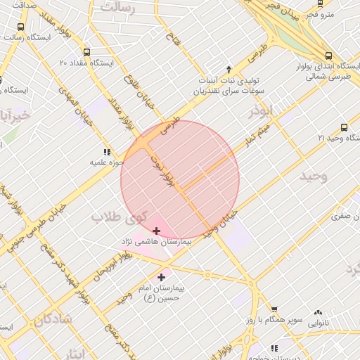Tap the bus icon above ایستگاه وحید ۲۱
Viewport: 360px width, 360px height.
(344, 127)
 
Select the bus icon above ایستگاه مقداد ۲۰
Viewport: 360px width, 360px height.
(86, 52)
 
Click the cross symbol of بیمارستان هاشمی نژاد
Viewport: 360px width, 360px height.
(155, 231)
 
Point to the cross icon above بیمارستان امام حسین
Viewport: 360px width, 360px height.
(162, 277)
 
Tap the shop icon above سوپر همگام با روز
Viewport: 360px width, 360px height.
(274, 309)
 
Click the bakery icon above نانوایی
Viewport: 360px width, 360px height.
(319, 312)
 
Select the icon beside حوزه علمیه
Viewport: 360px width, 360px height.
(107, 152)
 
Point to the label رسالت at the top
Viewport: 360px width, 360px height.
(117, 8)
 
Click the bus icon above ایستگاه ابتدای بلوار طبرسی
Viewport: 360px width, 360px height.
(328, 57)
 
